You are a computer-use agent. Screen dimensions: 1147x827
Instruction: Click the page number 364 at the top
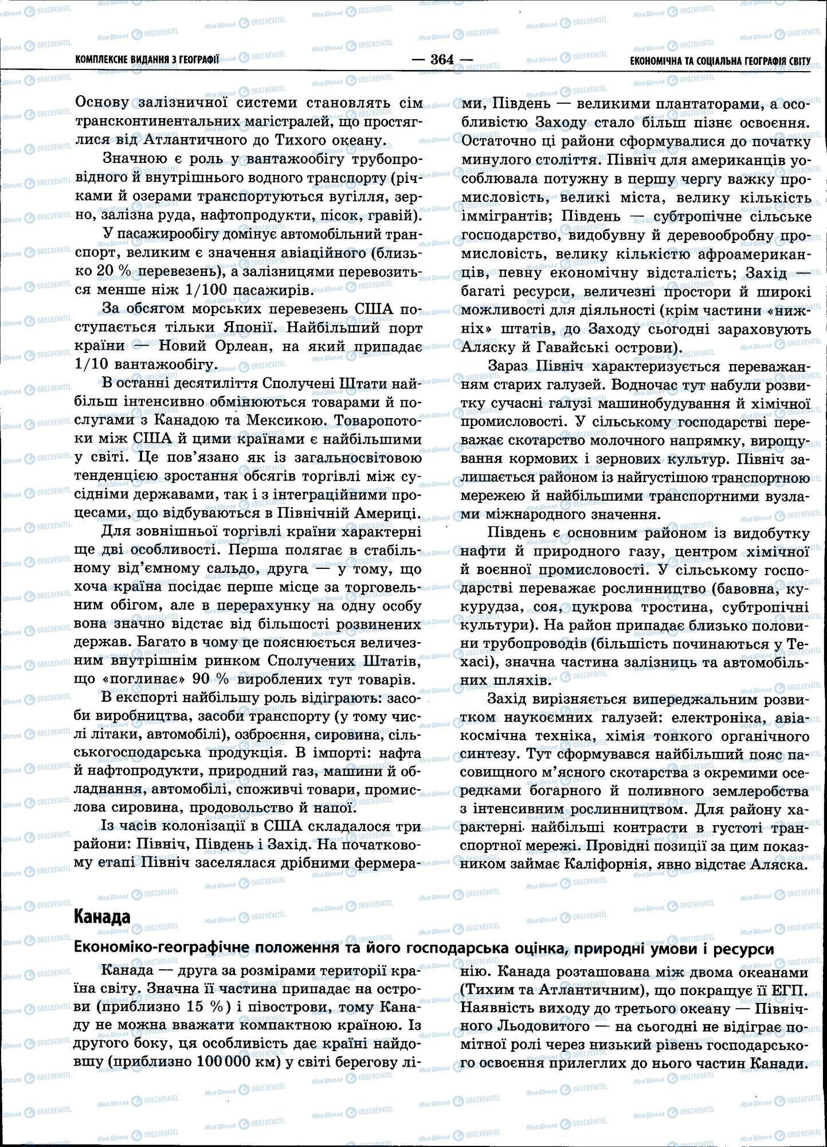click(x=442, y=59)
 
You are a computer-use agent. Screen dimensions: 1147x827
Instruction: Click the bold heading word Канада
click(x=103, y=917)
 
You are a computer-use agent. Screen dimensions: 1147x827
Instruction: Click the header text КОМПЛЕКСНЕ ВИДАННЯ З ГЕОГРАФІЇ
click(x=147, y=59)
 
